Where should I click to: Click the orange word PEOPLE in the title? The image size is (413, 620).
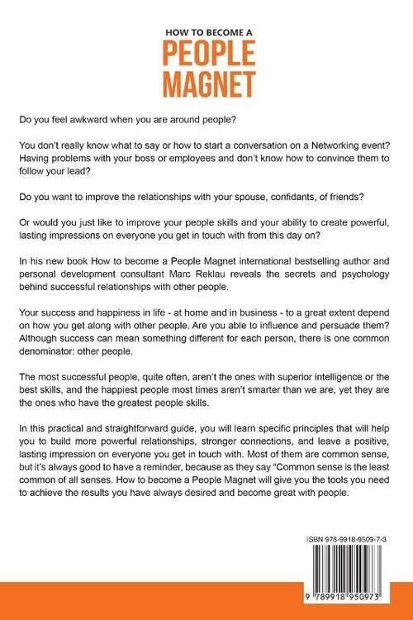[206, 53]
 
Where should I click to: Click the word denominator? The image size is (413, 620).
[80, 359]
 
